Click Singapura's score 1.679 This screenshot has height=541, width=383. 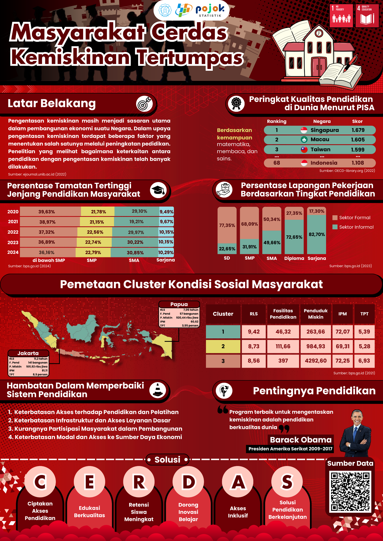358,130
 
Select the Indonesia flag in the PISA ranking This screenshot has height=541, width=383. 304,163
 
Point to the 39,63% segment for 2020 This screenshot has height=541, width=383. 47,212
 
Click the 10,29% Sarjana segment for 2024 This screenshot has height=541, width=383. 166,253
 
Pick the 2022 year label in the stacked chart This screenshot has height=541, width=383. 13,232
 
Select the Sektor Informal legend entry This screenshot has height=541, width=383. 353,227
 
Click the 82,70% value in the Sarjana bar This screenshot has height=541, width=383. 317,234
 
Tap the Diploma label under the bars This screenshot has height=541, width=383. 294,258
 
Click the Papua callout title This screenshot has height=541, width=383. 179,304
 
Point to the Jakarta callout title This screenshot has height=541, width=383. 28,353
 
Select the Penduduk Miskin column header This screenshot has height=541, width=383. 316,314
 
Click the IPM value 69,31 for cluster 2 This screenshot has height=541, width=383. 343,346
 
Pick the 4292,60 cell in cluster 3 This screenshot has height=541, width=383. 316,361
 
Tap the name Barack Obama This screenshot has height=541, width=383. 301,440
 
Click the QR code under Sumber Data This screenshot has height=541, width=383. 350,491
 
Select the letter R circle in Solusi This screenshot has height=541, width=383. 139,482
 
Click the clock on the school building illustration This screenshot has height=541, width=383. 319,33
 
